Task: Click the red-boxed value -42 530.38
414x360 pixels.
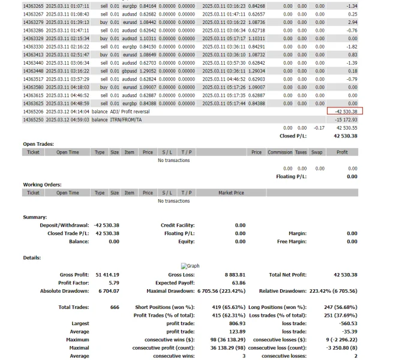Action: [x=345, y=111]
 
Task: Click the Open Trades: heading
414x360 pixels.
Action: [x=38, y=144]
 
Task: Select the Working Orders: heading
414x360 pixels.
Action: [x=42, y=184]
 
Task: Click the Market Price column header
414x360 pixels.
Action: [x=231, y=193]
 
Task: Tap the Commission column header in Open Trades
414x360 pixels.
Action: [x=280, y=152]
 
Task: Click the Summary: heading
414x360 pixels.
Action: [x=35, y=217]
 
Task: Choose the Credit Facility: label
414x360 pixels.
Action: [x=178, y=225]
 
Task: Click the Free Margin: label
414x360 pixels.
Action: [x=292, y=241]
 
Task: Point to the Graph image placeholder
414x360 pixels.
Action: [x=190, y=266]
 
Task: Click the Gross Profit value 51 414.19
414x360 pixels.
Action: [x=108, y=274]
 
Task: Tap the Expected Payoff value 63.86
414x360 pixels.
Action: [x=238, y=283]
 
